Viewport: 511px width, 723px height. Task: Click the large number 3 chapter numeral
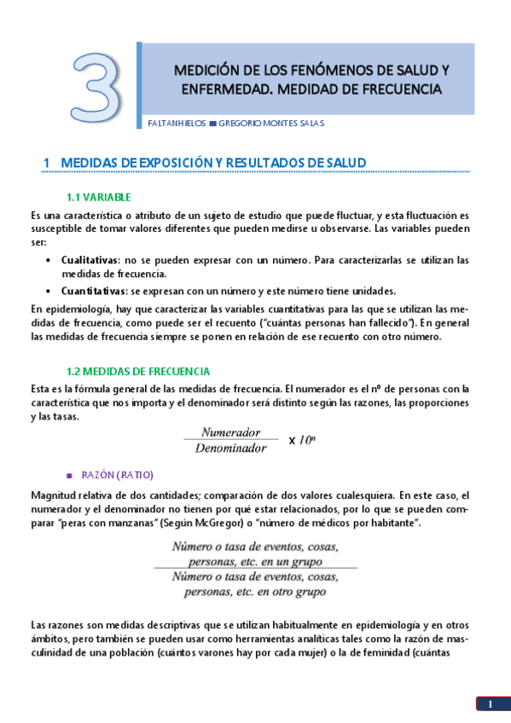(96, 86)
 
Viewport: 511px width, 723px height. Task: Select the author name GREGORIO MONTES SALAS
(271, 123)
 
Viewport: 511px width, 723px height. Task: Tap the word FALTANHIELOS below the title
(177, 123)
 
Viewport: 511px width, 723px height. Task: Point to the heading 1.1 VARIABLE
(99, 198)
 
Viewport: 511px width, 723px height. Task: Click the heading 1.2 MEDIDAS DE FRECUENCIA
(138, 372)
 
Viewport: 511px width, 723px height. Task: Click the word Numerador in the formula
(231, 432)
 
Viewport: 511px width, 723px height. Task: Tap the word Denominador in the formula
(231, 448)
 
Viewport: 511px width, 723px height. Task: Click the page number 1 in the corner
(491, 703)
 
